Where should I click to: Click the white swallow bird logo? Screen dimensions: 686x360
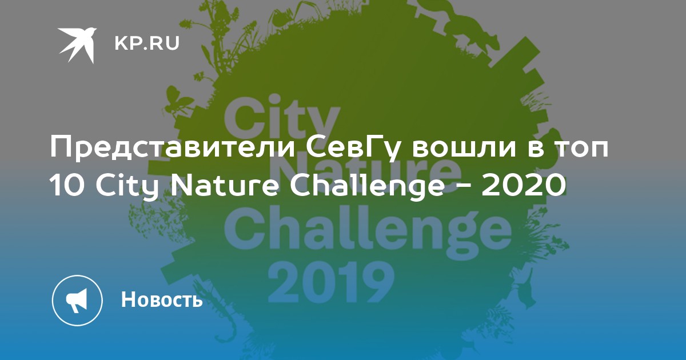pos(77,45)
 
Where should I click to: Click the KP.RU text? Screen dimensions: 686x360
pos(147,43)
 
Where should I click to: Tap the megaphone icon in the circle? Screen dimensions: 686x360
pos(77,301)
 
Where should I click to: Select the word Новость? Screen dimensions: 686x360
pos(162,299)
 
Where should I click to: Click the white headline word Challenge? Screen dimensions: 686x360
pos(366,186)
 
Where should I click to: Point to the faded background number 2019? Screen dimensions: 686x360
pos(331,282)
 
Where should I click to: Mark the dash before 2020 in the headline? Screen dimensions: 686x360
pos(462,187)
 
